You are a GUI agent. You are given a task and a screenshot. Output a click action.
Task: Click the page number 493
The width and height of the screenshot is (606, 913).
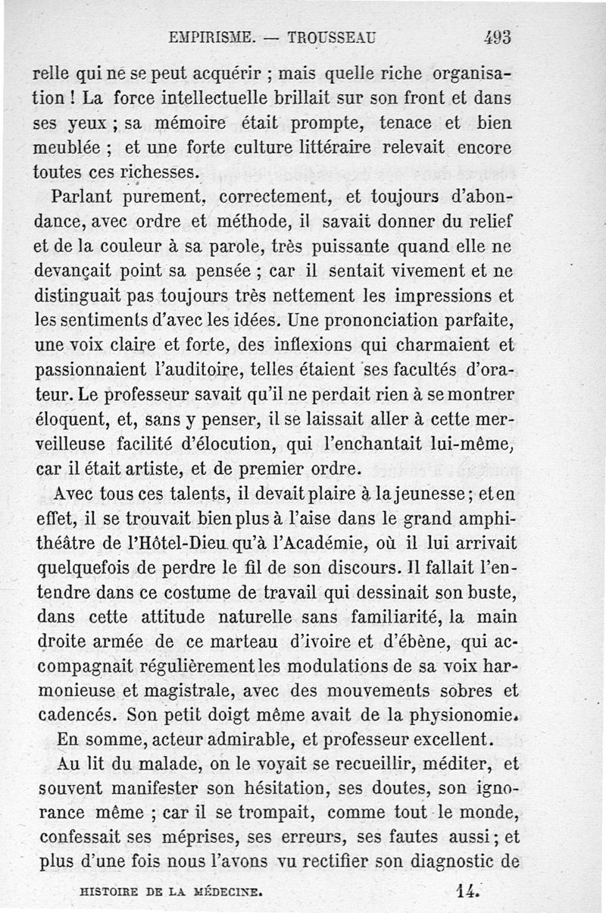(497, 36)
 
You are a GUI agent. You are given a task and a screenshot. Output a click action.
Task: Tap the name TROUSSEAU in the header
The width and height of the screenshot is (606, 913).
(329, 36)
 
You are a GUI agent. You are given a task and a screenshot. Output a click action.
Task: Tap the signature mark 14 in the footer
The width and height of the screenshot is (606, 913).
(470, 891)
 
